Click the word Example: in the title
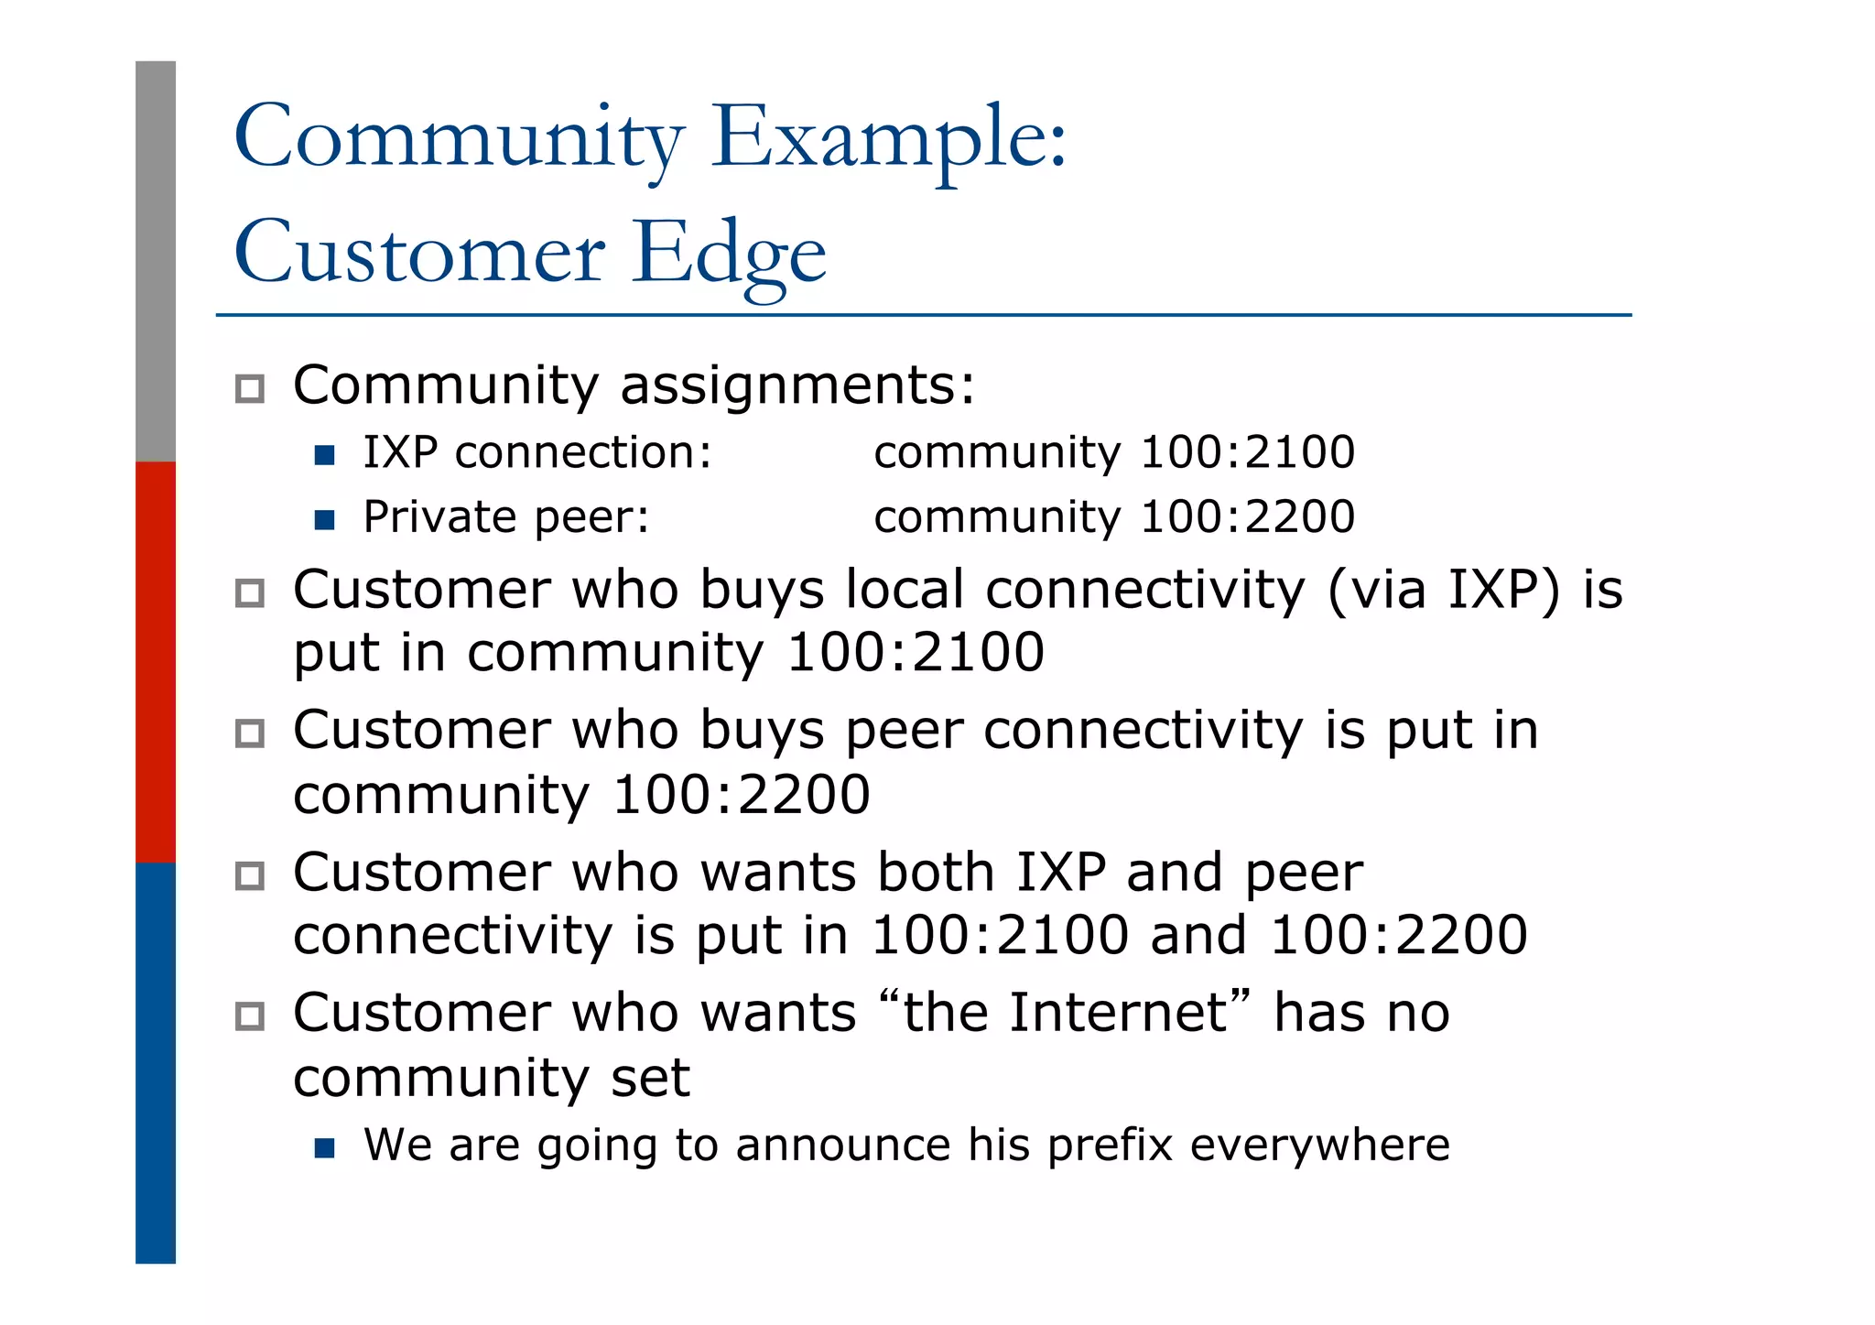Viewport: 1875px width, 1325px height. point(888,137)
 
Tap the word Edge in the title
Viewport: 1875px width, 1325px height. point(729,253)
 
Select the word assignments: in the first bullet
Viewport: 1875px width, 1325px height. point(797,386)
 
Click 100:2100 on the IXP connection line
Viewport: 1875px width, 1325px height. point(1247,452)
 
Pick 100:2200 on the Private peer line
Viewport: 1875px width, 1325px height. point(1247,517)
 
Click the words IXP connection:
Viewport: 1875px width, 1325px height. point(537,452)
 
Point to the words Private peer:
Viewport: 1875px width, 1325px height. point(506,517)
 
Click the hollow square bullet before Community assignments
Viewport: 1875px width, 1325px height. point(250,388)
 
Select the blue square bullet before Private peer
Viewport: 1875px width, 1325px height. point(324,520)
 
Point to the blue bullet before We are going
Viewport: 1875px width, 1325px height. point(324,1147)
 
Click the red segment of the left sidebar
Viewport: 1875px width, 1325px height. point(156,661)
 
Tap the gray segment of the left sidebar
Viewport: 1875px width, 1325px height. point(156,261)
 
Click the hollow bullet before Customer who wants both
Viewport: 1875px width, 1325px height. point(250,876)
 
